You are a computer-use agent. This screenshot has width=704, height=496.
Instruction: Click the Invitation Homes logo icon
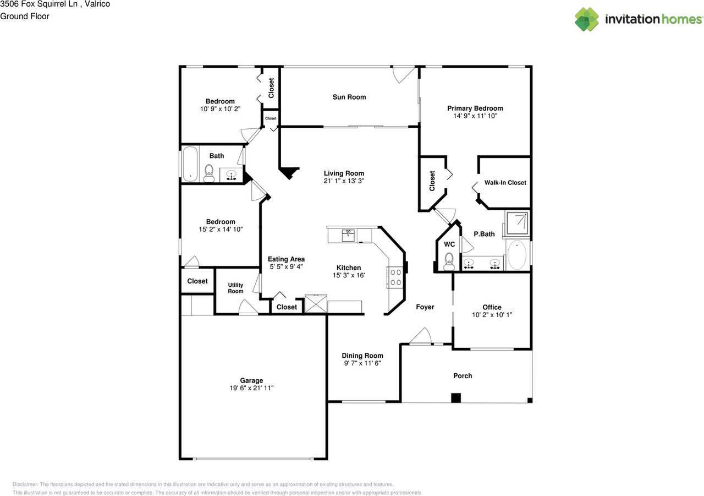pos(587,19)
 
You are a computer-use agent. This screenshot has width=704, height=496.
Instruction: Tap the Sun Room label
pos(349,97)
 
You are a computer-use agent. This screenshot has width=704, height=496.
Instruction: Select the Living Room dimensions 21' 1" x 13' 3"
pos(344,181)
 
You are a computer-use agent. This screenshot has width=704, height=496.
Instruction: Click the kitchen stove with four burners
pos(395,277)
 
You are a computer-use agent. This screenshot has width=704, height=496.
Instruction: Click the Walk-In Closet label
pos(505,183)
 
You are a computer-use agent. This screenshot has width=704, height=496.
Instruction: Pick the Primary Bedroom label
pos(475,108)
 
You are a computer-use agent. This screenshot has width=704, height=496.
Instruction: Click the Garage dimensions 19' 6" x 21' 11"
pos(251,388)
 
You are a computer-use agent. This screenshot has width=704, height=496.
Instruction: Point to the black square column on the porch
pos(455,397)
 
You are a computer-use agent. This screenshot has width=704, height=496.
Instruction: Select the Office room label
pos(492,307)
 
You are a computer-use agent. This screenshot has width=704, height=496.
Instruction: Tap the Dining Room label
pos(362,356)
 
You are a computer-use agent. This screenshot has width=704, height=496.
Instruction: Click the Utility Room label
pos(235,288)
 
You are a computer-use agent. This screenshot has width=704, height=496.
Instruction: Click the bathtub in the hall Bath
pos(190,163)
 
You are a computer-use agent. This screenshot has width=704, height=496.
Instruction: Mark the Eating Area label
pos(286,259)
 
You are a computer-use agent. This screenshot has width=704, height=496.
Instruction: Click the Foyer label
pos(425,307)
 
